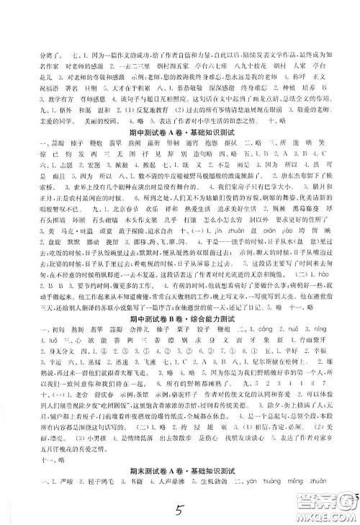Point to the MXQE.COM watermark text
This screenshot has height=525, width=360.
[x=338, y=513]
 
